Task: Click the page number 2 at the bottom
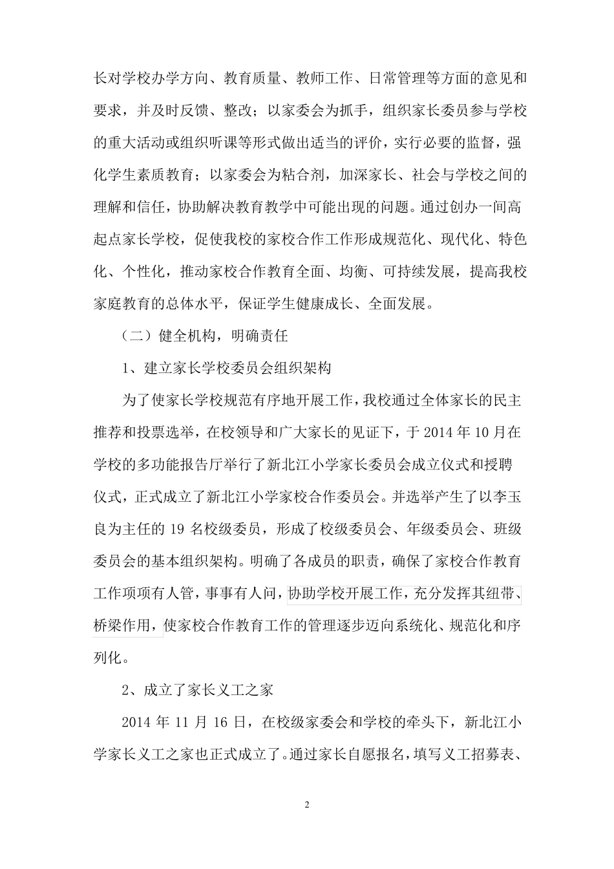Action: pos(307,805)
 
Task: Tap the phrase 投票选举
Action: pos(165,432)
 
